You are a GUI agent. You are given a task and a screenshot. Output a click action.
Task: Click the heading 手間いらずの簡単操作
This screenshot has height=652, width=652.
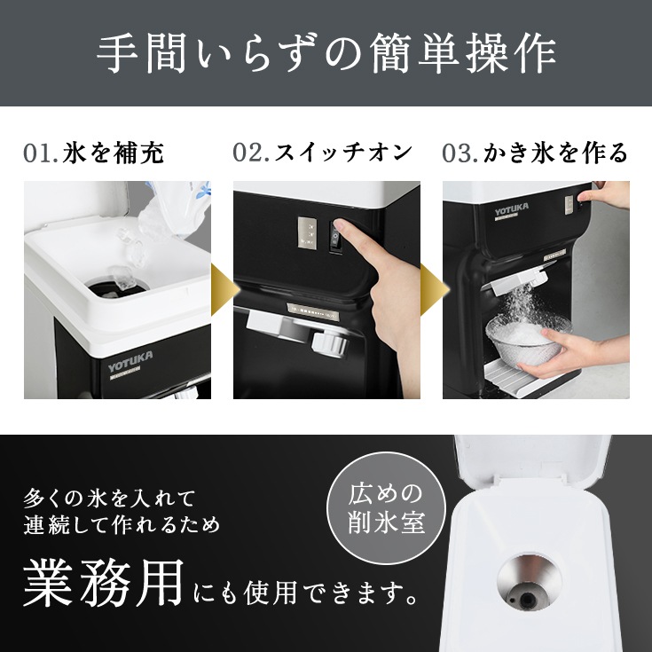click(x=326, y=54)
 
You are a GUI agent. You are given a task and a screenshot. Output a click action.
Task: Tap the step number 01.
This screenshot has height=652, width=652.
click(x=41, y=153)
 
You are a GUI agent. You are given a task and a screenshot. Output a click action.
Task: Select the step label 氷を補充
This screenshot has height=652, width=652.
click(x=114, y=153)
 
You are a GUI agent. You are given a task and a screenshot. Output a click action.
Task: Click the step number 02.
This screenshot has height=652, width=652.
click(x=252, y=153)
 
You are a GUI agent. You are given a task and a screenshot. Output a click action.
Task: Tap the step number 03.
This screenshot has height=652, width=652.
click(x=460, y=153)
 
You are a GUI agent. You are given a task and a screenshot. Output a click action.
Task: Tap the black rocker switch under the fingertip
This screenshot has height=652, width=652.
click(x=335, y=238)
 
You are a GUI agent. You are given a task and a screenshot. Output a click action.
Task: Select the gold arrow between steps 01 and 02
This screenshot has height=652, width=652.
click(x=221, y=290)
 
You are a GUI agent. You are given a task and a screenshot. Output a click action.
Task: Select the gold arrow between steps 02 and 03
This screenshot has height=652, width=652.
click(x=430, y=290)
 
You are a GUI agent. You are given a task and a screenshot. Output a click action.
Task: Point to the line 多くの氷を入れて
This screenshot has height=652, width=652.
click(x=110, y=496)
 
